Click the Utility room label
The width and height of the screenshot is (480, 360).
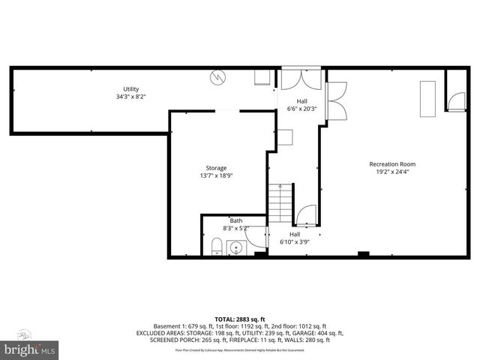pyautogui.click(x=131, y=89)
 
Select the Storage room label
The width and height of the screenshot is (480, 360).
pyautogui.click(x=216, y=168)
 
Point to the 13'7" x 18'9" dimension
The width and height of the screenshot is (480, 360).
pyautogui.click(x=216, y=175)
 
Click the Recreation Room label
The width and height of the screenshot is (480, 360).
pyautogui.click(x=391, y=164)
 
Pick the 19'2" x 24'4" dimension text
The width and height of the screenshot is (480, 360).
pyautogui.click(x=391, y=172)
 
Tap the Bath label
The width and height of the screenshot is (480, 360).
pyautogui.click(x=235, y=220)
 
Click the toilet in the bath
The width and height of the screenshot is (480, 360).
pyautogui.click(x=216, y=246)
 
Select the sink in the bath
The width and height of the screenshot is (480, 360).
pyautogui.click(x=236, y=247)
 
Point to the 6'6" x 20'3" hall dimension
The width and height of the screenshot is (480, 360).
pyautogui.click(x=302, y=109)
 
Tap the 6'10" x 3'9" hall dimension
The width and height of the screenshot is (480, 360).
pyautogui.click(x=295, y=242)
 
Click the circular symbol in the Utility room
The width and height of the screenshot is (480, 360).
pyautogui.click(x=217, y=76)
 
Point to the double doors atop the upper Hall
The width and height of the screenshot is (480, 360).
pyautogui.click(x=301, y=79)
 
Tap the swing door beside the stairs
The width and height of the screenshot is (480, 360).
pyautogui.click(x=307, y=216)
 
